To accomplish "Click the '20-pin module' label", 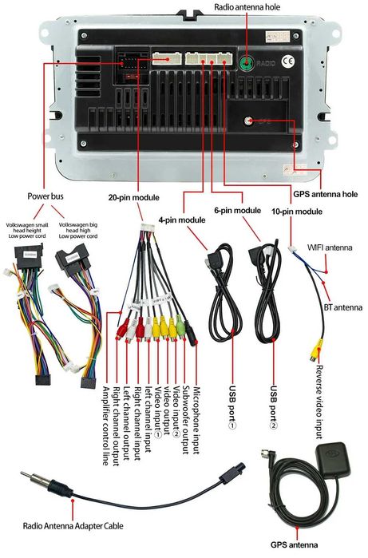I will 136,196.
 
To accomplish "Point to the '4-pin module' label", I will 183,220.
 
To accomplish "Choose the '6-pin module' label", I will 238,210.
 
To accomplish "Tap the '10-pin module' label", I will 297,212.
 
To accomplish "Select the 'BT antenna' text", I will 346,307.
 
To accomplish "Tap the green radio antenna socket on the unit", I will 247,62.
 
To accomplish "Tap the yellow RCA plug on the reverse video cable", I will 317,350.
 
